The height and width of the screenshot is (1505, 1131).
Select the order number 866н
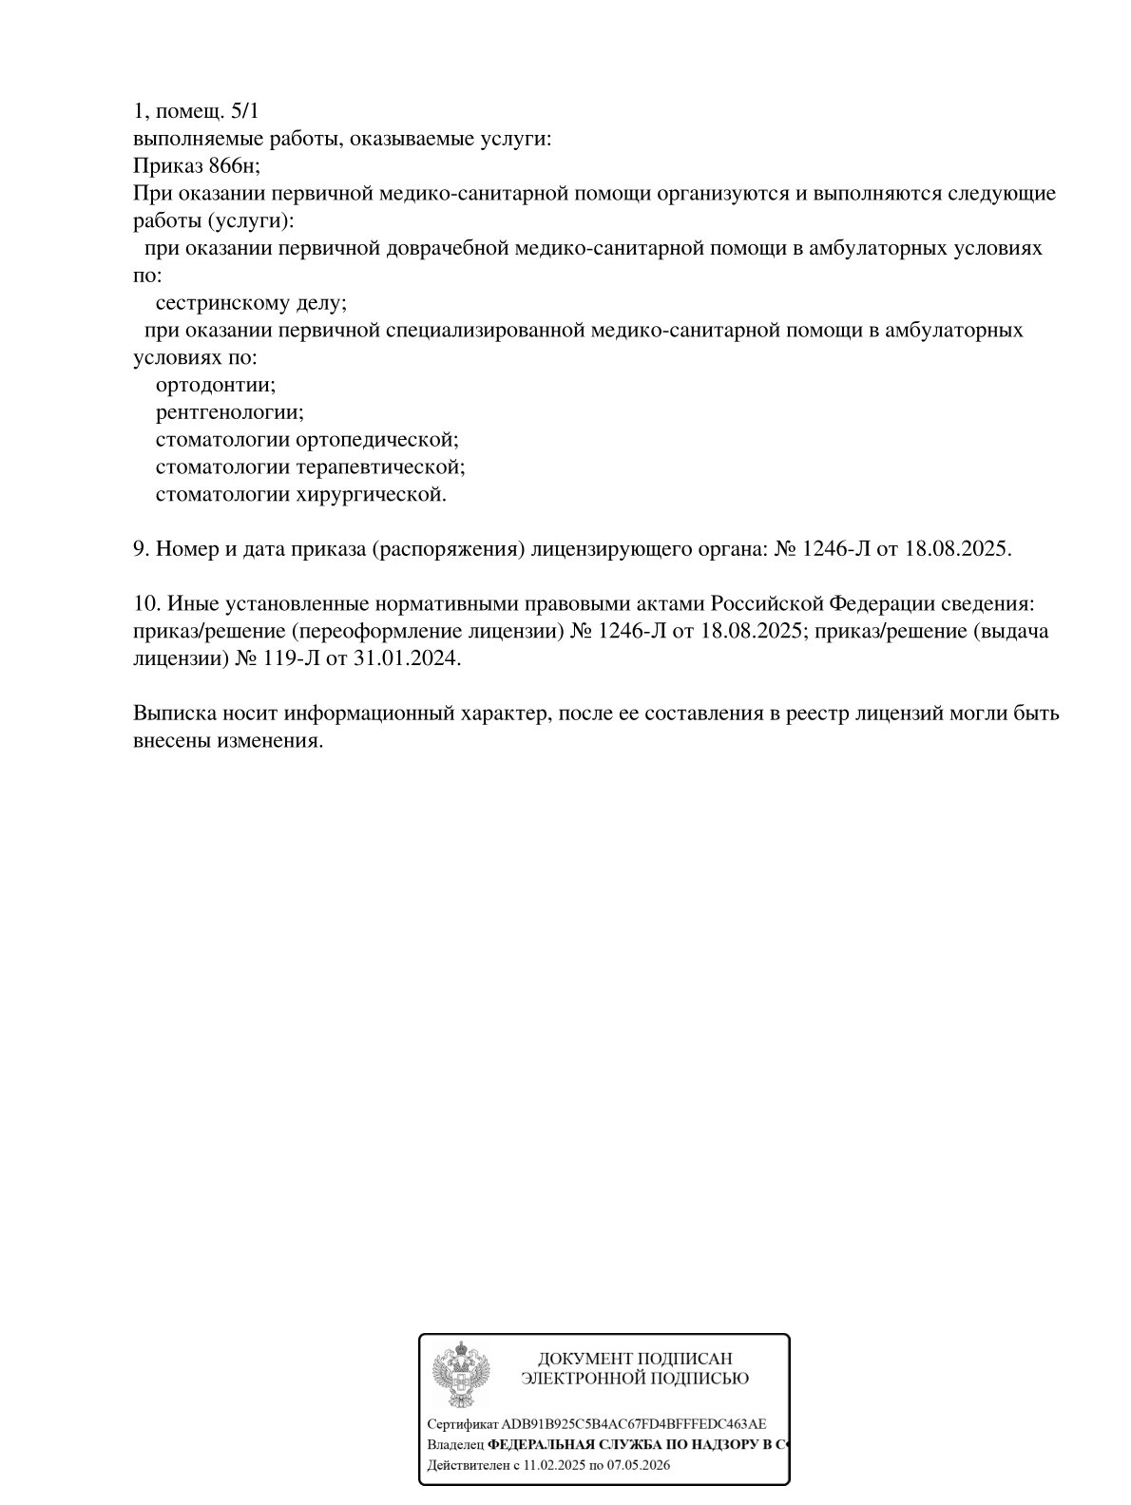pos(233,166)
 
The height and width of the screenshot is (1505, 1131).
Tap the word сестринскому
pos(218,304)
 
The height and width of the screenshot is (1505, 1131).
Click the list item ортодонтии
pos(215,386)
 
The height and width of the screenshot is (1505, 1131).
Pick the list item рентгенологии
pos(229,413)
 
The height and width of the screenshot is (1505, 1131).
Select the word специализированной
pos(485,332)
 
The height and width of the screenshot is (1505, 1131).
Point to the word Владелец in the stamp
pos(455,1444)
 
